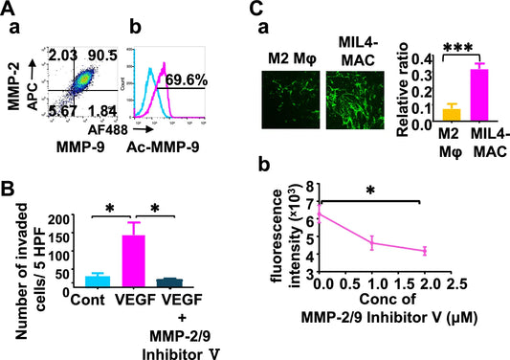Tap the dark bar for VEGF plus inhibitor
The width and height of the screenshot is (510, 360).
196,282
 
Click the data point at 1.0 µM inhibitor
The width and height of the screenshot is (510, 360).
371,243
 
